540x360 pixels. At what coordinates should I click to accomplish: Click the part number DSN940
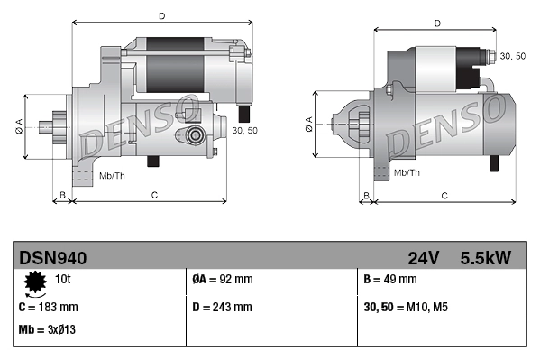pyautogui.click(x=52, y=258)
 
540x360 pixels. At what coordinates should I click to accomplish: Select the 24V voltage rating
pyautogui.click(x=423, y=258)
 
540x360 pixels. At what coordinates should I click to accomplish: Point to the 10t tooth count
pyautogui.click(x=63, y=279)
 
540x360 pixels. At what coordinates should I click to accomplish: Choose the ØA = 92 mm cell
pyautogui.click(x=223, y=279)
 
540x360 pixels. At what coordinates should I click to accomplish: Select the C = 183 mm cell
pyautogui.click(x=48, y=307)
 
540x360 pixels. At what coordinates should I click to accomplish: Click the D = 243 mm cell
pyautogui.click(x=223, y=307)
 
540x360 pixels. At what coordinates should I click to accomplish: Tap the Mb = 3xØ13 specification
pyautogui.click(x=47, y=329)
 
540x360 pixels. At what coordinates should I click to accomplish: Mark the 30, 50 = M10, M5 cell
pyautogui.click(x=407, y=307)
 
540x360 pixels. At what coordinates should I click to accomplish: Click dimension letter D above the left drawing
pyautogui.click(x=161, y=15)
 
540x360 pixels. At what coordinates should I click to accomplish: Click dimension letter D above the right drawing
pyautogui.click(x=436, y=23)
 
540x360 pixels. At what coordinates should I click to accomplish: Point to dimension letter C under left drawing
pyautogui.click(x=154, y=195)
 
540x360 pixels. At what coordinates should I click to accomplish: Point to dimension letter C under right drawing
pyautogui.click(x=444, y=195)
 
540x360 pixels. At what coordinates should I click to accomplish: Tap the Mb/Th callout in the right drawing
pyautogui.click(x=407, y=171)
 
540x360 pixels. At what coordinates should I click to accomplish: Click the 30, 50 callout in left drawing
pyautogui.click(x=243, y=131)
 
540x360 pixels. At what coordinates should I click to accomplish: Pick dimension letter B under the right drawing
pyautogui.click(x=366, y=195)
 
